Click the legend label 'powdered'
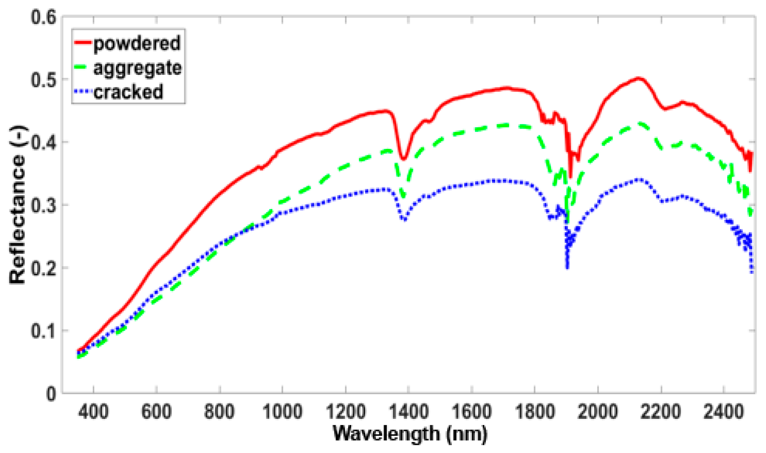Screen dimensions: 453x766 tap(137, 43)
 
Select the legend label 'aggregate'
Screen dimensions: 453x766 tap(137, 68)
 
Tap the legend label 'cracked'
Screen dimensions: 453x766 tap(128, 92)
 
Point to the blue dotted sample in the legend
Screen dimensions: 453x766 tap(83, 92)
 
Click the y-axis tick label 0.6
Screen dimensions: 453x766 tap(43, 17)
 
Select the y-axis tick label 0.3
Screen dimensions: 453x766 tap(43, 205)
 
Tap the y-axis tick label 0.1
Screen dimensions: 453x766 tap(43, 331)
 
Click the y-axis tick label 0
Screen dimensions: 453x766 tap(51, 394)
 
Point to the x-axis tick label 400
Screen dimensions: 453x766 tap(93, 412)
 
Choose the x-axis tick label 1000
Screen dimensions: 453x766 tap(282, 412)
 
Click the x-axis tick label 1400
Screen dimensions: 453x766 tap(408, 412)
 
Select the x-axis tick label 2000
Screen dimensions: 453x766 tap(597, 412)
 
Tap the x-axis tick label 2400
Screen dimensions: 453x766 tap(723, 412)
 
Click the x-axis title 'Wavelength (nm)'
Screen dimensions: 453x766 tap(410, 434)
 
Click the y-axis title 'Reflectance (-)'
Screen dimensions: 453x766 tap(17, 205)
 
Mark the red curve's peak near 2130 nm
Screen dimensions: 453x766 tap(638, 78)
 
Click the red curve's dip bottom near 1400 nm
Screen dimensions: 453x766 tap(404, 159)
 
